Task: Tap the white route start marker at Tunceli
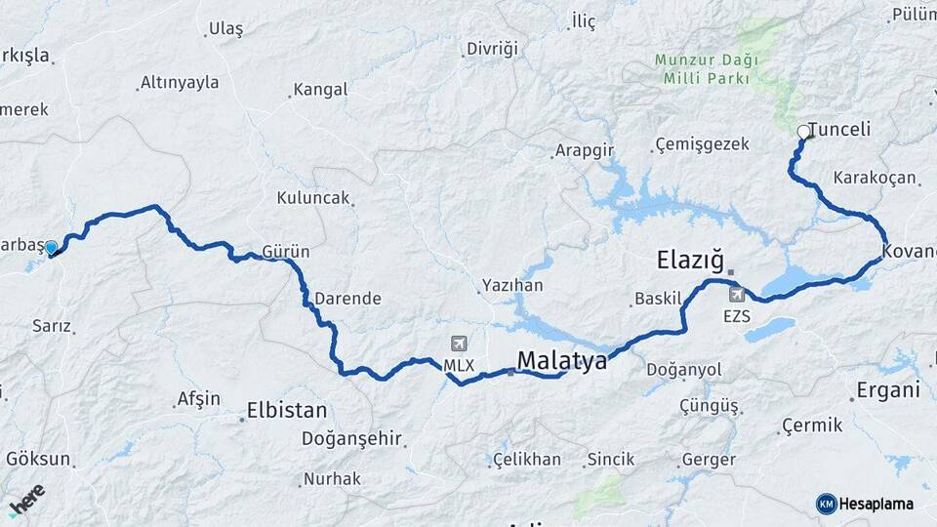click(x=803, y=132)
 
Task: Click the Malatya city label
click(x=561, y=361)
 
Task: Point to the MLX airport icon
click(x=459, y=344)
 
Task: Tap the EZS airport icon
click(x=736, y=294)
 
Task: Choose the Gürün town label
click(x=286, y=252)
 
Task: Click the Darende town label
click(x=347, y=299)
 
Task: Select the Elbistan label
click(x=287, y=410)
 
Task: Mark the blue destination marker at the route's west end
click(x=51, y=248)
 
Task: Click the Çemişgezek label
click(x=703, y=144)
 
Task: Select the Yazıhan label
click(x=512, y=287)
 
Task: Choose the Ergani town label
click(x=888, y=390)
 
